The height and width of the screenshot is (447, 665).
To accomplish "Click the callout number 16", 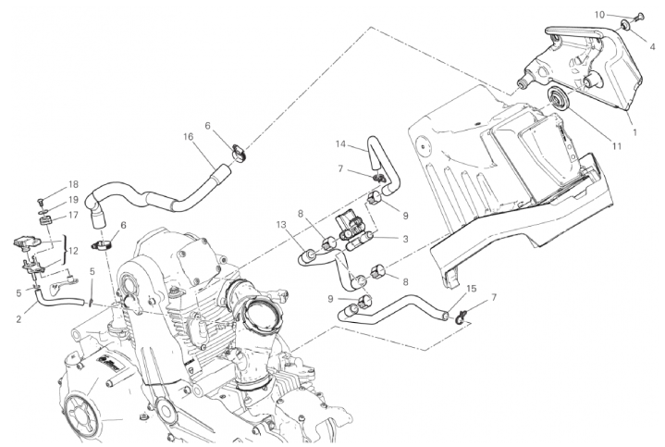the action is pyautogui.click(x=189, y=137).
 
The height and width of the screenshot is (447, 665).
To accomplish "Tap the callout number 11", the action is pyautogui.click(x=617, y=146).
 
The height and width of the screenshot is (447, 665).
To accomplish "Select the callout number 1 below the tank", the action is pyautogui.click(x=634, y=132).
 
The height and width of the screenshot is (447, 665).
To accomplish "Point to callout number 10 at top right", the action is pyautogui.click(x=599, y=15).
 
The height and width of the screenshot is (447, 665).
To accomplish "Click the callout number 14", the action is pyautogui.click(x=341, y=143).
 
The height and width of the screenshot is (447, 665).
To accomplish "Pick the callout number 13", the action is pyautogui.click(x=282, y=224).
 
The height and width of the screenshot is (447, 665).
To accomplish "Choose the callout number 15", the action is pyautogui.click(x=471, y=289).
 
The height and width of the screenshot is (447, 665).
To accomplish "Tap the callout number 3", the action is pyautogui.click(x=405, y=239).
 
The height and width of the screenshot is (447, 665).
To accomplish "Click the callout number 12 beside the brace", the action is pyautogui.click(x=73, y=251).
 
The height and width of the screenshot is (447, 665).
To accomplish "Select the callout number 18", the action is pyautogui.click(x=73, y=184).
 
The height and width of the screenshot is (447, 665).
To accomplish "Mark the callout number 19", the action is pyautogui.click(x=73, y=200).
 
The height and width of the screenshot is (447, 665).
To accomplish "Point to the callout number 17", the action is pyautogui.click(x=73, y=215).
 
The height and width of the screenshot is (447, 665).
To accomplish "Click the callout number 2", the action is pyautogui.click(x=18, y=319).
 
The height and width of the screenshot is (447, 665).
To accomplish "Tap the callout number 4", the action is pyautogui.click(x=653, y=46).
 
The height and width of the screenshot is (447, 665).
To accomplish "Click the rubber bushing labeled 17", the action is pyautogui.click(x=46, y=221).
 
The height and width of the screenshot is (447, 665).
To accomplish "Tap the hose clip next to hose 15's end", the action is pyautogui.click(x=461, y=317).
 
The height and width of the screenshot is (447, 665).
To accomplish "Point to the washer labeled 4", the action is pyautogui.click(x=627, y=25).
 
